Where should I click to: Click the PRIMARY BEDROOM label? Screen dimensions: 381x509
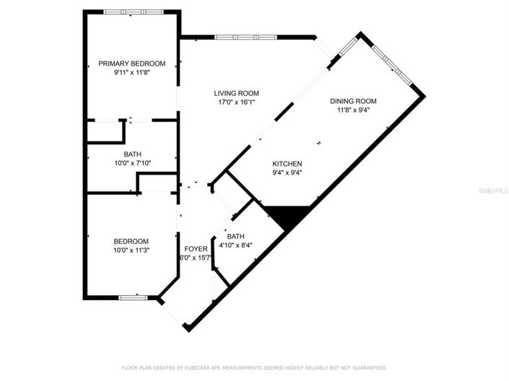(131, 63)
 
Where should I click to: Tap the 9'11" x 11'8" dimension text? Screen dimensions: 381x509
(131, 73)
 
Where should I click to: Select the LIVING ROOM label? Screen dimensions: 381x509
(236, 93)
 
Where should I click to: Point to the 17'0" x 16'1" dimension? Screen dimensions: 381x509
(236, 102)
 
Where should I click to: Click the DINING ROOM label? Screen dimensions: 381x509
(353, 101)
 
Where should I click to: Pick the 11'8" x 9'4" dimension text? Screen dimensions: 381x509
(353, 110)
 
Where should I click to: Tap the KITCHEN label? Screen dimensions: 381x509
(287, 164)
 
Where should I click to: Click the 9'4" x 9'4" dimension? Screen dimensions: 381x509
(287, 173)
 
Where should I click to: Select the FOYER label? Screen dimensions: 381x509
(196, 249)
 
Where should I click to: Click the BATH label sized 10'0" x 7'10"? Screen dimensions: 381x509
(132, 154)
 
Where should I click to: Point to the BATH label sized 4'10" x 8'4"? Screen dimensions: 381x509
(235, 236)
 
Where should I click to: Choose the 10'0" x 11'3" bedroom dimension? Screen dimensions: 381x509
(131, 250)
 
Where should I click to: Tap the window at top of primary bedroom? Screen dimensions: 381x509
(131, 12)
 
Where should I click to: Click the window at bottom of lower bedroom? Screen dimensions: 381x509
(134, 297)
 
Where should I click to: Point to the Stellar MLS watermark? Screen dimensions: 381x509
(496, 191)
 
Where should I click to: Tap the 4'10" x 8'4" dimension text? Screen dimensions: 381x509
(235, 245)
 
